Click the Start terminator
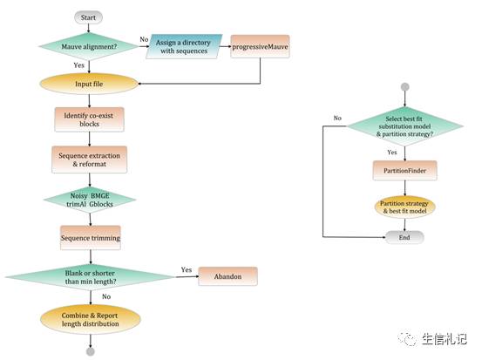click(x=88, y=17)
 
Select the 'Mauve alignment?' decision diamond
click(x=89, y=46)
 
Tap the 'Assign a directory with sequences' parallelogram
click(x=184, y=46)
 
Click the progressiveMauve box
click(x=260, y=46)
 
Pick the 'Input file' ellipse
click(x=89, y=84)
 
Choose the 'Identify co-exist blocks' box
click(x=90, y=119)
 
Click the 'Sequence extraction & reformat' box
click(x=90, y=160)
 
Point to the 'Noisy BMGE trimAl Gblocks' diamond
click(x=90, y=200)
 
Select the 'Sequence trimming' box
click(x=91, y=238)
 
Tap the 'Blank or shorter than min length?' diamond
click(x=91, y=277)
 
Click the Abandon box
click(x=227, y=276)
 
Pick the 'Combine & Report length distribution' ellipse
click(x=91, y=319)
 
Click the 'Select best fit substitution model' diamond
click(x=404, y=126)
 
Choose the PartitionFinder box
click(x=404, y=170)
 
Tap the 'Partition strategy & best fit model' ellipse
click(x=404, y=207)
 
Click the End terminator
click(x=404, y=237)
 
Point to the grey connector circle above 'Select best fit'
click(x=405, y=87)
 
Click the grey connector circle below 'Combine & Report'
click(x=91, y=351)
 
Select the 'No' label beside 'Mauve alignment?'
click(x=144, y=39)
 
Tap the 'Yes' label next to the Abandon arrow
click(x=187, y=269)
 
